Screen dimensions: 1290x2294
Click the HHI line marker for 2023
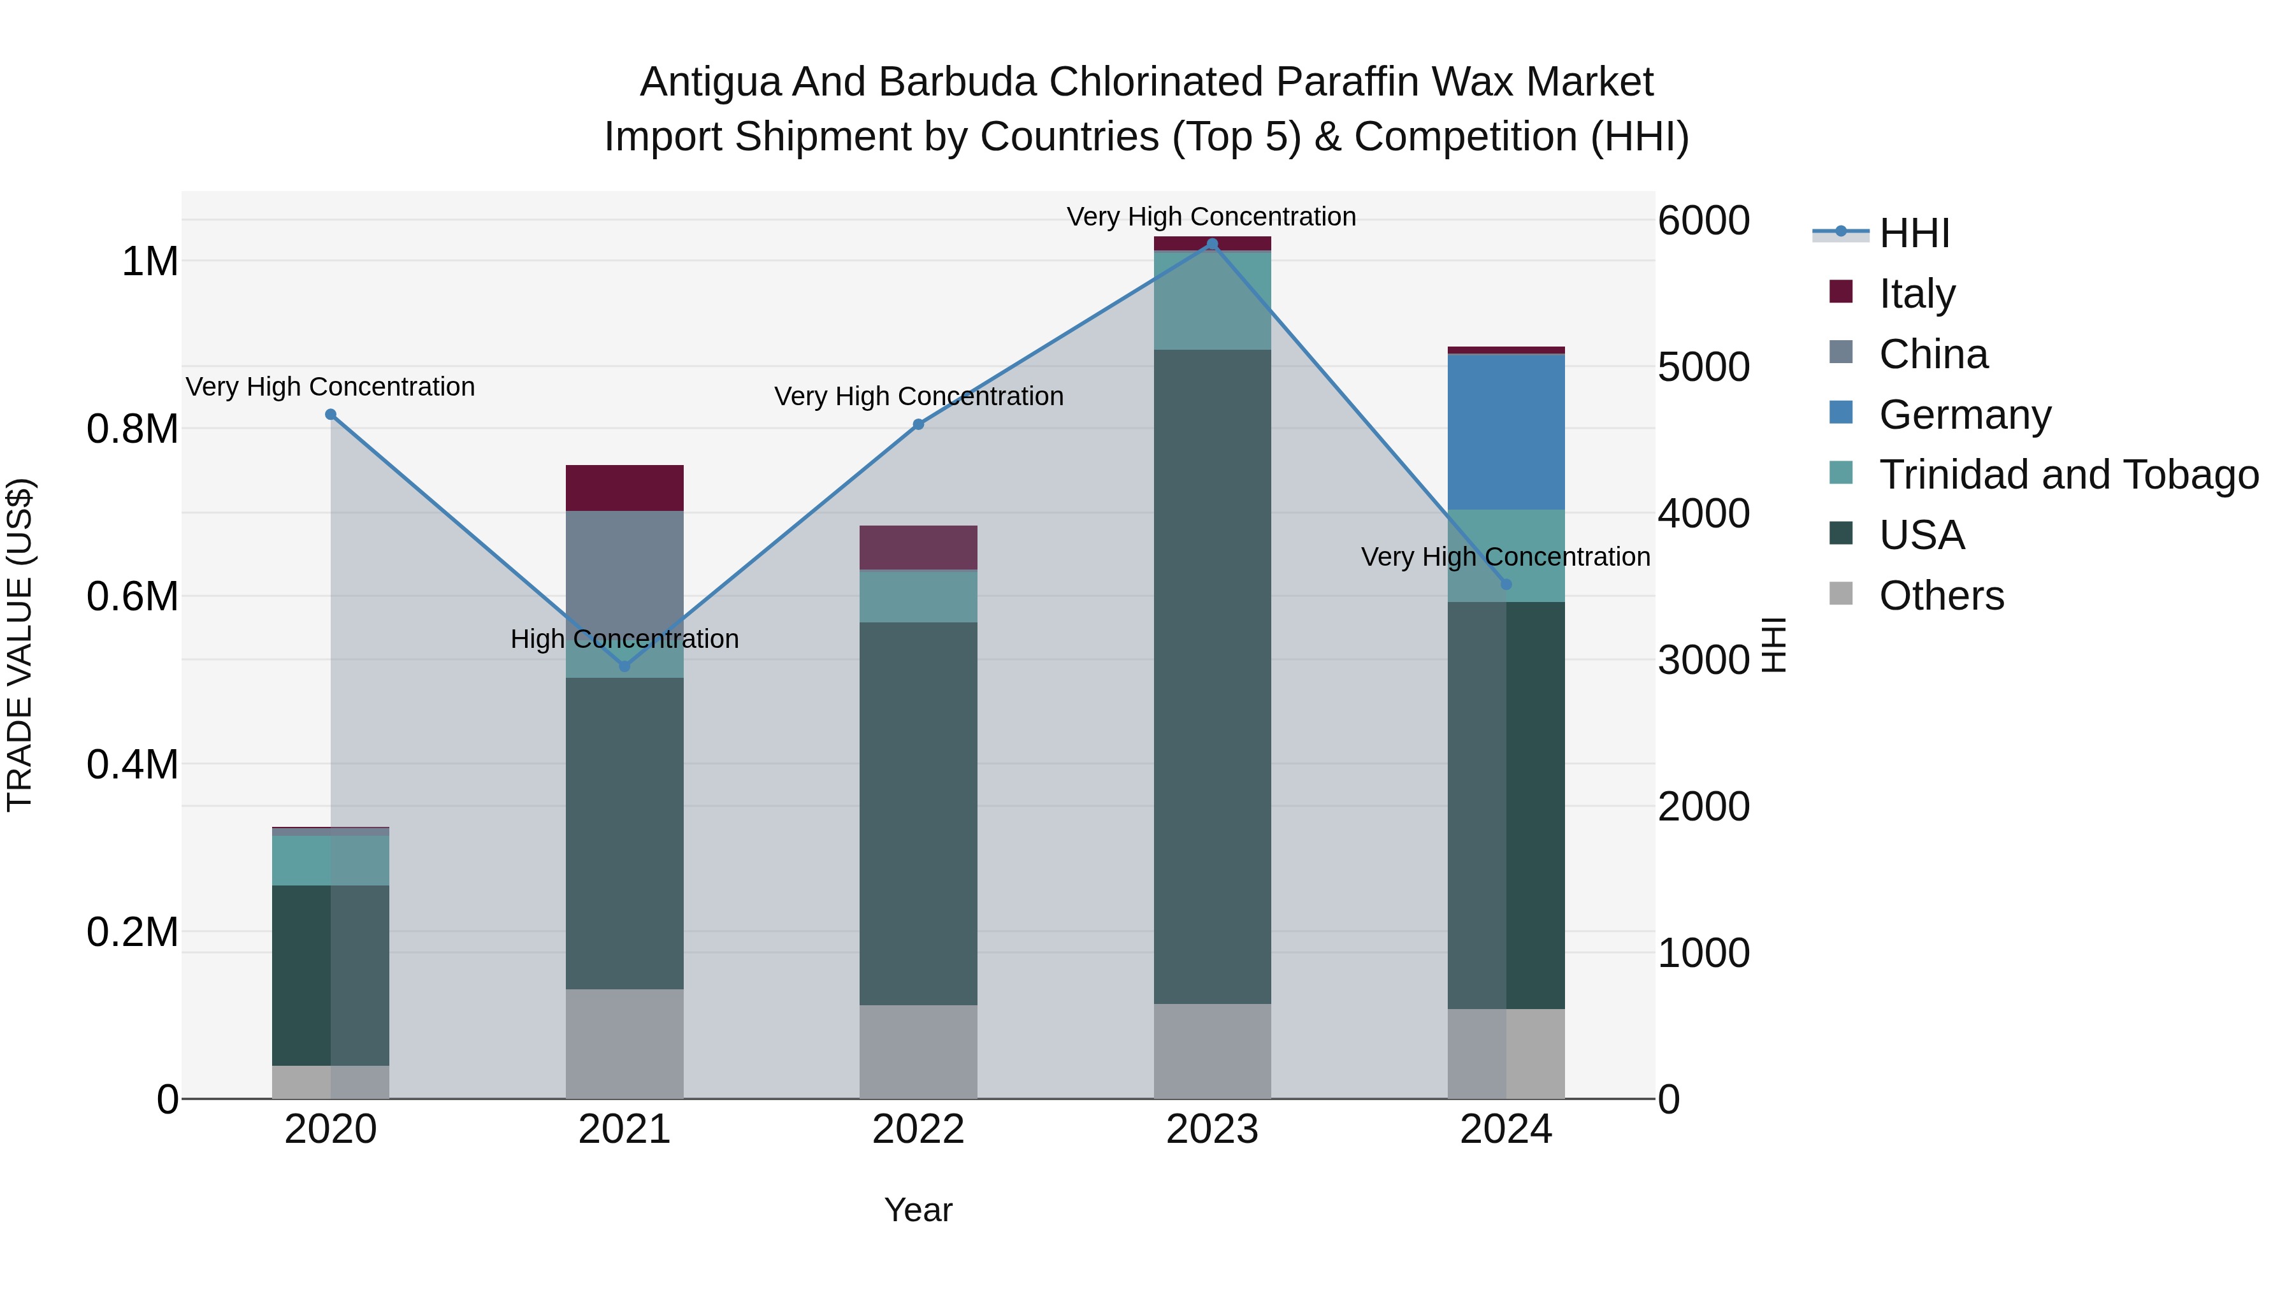1212,244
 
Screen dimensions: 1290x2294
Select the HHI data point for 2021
624,666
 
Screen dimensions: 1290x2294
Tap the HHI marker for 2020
330,415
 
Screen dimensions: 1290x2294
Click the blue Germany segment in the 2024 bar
1506,432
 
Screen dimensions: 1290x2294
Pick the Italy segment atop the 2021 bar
624,488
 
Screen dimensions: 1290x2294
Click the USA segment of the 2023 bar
1212,677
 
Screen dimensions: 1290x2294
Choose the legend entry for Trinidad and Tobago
2068,475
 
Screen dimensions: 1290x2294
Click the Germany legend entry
1965,415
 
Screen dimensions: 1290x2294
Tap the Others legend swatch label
1942,596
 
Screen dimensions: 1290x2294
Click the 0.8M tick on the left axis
132,429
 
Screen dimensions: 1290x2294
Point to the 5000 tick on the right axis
1703,367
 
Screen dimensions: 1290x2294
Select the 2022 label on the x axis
918,1129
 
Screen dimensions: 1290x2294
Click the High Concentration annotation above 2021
624,639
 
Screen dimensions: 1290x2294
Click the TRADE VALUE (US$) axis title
20,645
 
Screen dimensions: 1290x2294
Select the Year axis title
918,1210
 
